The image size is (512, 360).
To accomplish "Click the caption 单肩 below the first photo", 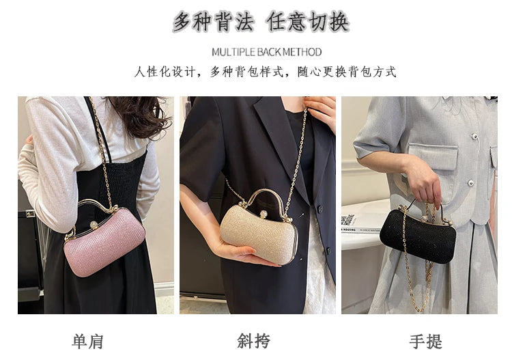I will click(x=88, y=341).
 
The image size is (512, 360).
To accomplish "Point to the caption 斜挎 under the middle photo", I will click(x=254, y=341).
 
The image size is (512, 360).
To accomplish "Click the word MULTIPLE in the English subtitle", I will click(x=234, y=52).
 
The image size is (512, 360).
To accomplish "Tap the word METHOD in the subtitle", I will click(x=300, y=52).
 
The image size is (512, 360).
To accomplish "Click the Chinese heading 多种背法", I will click(x=208, y=22).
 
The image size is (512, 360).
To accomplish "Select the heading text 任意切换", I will click(x=308, y=22).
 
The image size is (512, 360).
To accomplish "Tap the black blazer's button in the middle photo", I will click(x=318, y=210).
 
